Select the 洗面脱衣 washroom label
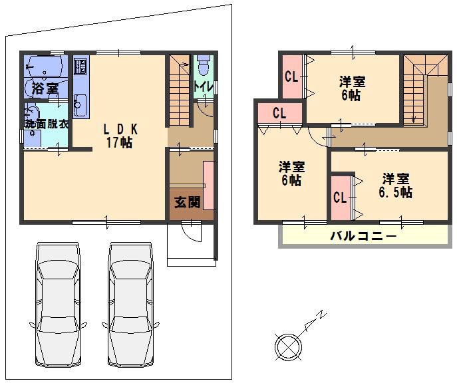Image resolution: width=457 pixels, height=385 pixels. (46, 124)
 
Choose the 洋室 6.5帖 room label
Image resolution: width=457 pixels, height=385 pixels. (395, 186)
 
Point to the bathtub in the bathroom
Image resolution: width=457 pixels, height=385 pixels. (45, 66)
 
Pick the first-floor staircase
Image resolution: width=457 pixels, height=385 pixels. (180, 90)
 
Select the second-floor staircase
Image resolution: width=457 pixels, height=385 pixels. (416, 90)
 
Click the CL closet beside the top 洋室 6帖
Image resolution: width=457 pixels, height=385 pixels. (291, 76)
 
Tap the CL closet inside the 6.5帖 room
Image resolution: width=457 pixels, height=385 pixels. (339, 197)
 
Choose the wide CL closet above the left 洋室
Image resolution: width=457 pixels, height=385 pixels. (279, 113)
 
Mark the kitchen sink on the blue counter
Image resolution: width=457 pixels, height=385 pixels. (79, 104)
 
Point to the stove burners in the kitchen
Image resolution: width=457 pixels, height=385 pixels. (79, 66)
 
